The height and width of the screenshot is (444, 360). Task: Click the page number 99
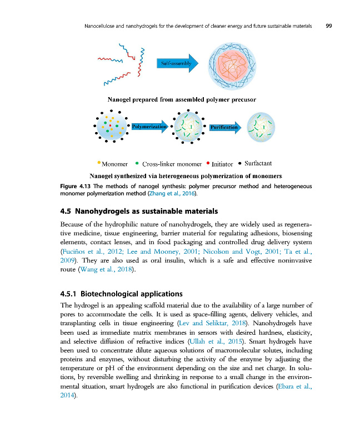[328, 26]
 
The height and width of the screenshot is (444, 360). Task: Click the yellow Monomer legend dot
[98, 163]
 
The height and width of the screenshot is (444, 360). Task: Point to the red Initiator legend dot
[208, 163]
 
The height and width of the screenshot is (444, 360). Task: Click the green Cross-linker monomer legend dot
[137, 163]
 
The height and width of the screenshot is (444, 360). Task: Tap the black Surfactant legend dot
[239, 163]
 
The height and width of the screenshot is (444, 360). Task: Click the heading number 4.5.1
[68, 293]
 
